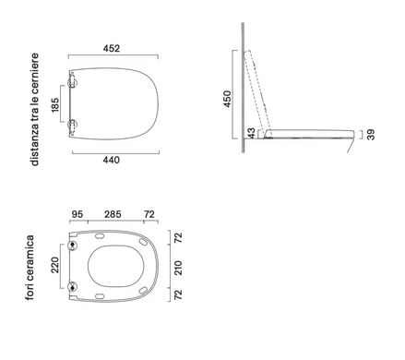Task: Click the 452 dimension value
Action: (112, 49)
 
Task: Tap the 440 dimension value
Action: (111, 160)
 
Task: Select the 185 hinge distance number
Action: (55, 105)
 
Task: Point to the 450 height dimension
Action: (227, 99)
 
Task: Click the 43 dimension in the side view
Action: (252, 134)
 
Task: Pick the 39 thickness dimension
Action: (371, 135)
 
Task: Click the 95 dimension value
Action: (77, 214)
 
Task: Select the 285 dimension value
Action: (113, 214)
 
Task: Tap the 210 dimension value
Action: (178, 268)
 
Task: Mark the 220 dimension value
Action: (55, 265)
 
